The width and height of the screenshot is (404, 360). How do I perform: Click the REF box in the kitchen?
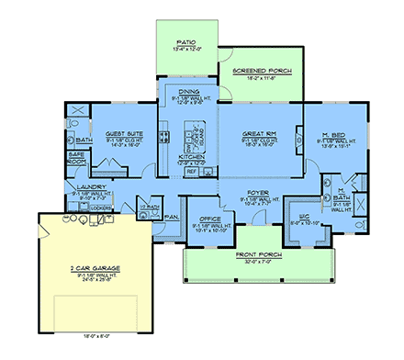(192, 172)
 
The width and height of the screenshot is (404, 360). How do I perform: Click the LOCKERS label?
(102, 209)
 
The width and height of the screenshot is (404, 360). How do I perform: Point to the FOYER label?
(256, 193)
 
